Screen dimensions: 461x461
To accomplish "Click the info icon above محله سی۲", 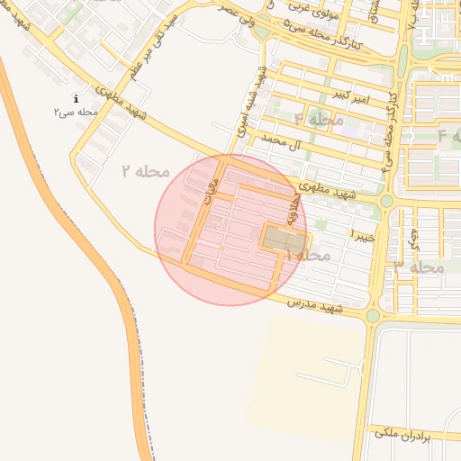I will coord(77,98).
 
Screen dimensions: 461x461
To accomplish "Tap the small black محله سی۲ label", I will coord(75,112).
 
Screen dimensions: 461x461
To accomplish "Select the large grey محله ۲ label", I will coord(145,170).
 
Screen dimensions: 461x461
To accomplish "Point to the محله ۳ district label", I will coord(420,267).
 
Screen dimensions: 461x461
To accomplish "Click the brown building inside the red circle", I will coord(283,240).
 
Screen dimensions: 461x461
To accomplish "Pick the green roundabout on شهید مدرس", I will coord(373,315).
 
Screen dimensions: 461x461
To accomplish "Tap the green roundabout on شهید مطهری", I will coord(385,201).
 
